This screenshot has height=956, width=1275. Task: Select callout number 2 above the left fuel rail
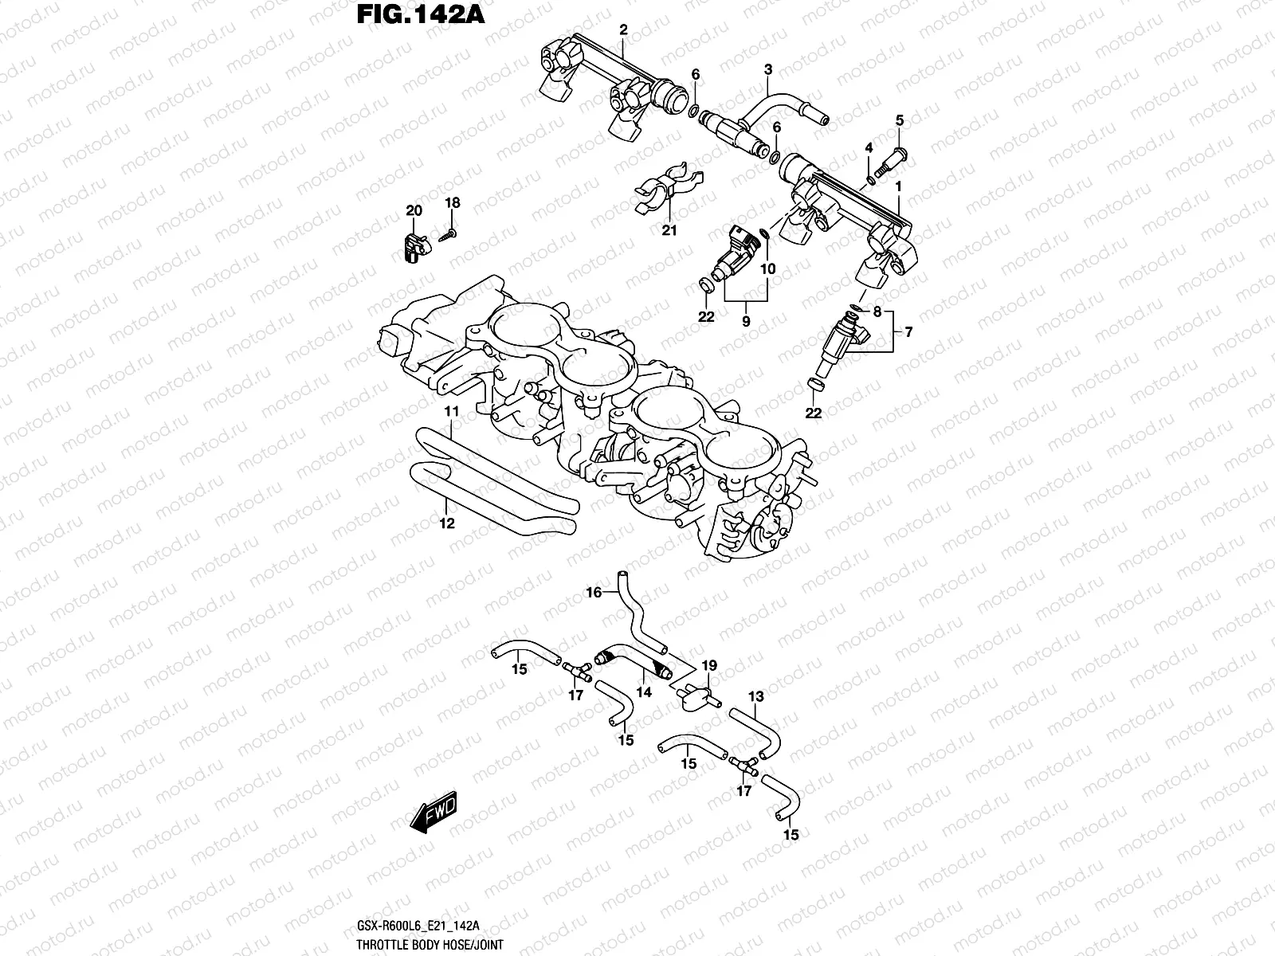[623, 30]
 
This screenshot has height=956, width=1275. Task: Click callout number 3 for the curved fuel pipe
[768, 70]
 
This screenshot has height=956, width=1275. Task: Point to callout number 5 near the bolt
[900, 120]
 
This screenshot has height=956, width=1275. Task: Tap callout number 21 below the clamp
[669, 231]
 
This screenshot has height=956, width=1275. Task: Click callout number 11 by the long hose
[452, 411]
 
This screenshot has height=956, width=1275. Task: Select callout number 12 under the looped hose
[447, 523]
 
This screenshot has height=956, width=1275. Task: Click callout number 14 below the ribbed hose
[644, 692]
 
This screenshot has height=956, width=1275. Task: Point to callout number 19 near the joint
[709, 665]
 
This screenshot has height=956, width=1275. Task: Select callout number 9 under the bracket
[746, 322]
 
